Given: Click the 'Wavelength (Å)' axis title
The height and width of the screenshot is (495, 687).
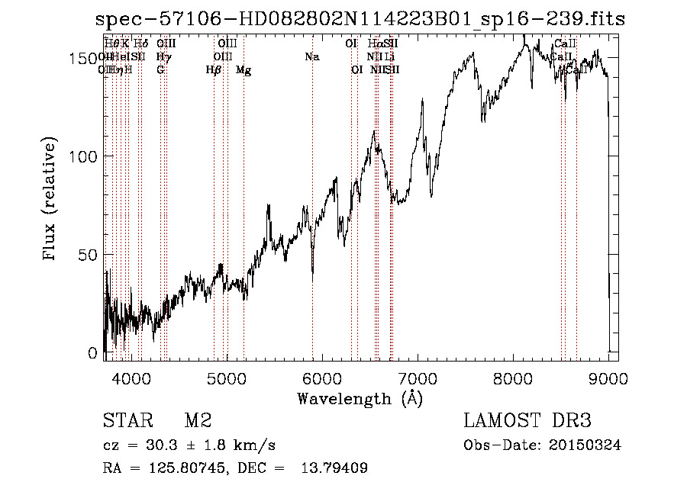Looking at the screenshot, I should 360,398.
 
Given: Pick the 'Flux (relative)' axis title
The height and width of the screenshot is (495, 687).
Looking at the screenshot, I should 51,200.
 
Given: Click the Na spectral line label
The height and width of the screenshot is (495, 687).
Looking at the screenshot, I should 311,57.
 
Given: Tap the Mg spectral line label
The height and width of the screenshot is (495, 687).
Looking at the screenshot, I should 244,70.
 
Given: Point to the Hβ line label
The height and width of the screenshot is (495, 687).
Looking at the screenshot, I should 214,70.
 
